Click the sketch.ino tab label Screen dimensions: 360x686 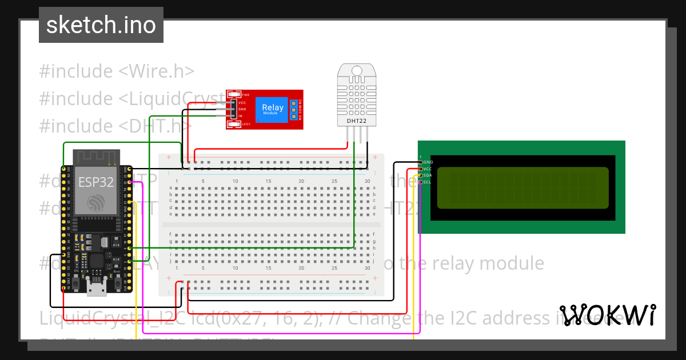(x=101, y=25)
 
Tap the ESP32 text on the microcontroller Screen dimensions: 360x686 (x=95, y=182)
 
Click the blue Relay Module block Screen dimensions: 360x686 (x=272, y=109)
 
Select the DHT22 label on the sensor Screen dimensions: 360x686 (x=357, y=121)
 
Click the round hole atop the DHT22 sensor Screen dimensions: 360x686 (x=357, y=70)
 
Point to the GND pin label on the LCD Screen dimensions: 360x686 (x=428, y=162)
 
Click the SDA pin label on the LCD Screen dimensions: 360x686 (x=428, y=175)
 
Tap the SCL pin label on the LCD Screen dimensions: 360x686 (x=428, y=182)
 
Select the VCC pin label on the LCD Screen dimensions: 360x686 (x=428, y=169)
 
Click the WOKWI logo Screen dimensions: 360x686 (x=608, y=315)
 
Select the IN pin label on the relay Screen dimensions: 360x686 (x=241, y=115)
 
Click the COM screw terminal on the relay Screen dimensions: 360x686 (x=294, y=110)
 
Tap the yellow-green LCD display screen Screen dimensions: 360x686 (x=523, y=188)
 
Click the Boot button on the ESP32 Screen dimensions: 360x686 (x=118, y=283)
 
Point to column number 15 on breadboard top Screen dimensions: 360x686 (x=268, y=181)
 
